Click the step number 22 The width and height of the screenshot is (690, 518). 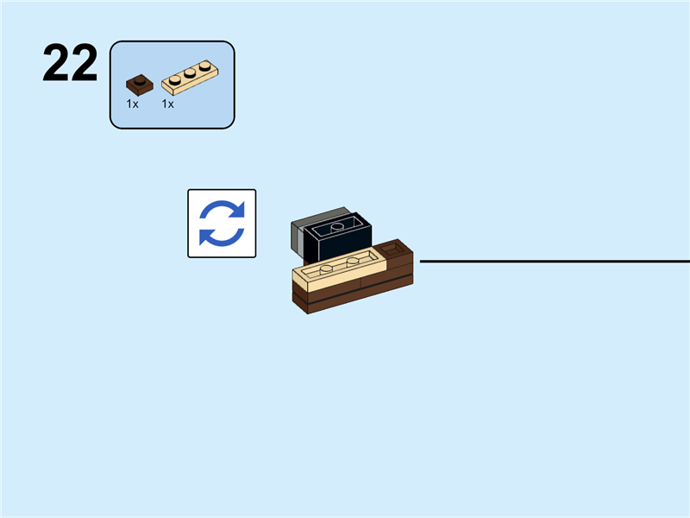(x=70, y=64)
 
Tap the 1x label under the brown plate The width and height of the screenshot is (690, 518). (x=132, y=104)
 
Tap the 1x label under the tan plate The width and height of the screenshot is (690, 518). (x=167, y=104)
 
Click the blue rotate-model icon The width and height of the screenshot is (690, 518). (x=222, y=224)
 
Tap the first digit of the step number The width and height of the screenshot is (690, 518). (x=56, y=64)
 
